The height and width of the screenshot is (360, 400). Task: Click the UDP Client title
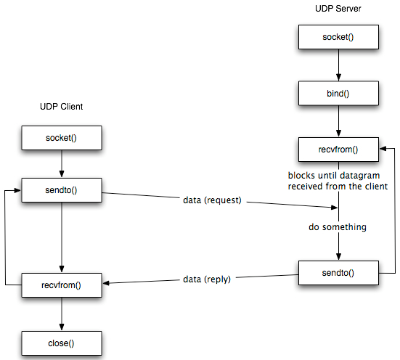(61, 107)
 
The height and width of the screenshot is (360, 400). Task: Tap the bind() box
(338, 93)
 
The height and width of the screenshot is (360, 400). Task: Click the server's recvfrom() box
(338, 150)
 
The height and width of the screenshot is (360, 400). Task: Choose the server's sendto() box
(338, 274)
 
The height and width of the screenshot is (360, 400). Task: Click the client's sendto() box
(61, 190)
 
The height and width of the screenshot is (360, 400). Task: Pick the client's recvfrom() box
(61, 285)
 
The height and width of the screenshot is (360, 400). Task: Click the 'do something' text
(338, 227)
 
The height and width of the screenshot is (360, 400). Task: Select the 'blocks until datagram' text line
(338, 176)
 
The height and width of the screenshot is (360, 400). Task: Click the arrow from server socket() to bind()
(338, 65)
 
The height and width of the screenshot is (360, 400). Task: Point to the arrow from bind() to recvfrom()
(338, 121)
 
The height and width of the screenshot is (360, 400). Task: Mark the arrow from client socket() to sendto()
(61, 163)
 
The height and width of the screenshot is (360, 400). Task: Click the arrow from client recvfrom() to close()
(61, 313)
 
